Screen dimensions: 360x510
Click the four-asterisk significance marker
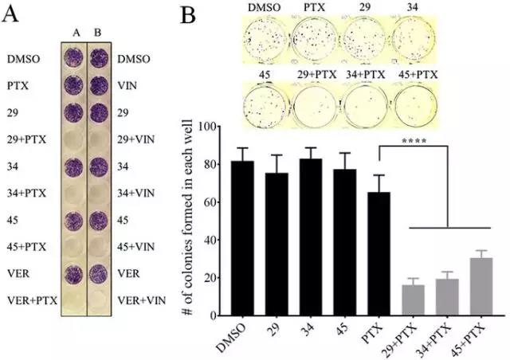coord(414,146)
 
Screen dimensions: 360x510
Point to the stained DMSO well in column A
coord(74,58)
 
